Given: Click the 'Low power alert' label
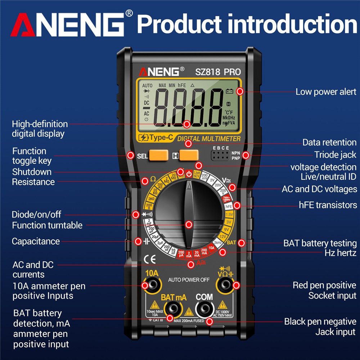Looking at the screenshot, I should pyautogui.click(x=326, y=92).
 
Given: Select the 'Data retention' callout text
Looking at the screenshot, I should pyautogui.click(x=329, y=143).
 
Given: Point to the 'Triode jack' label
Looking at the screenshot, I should pyautogui.click(x=335, y=155).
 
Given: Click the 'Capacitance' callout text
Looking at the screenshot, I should pyautogui.click(x=36, y=241).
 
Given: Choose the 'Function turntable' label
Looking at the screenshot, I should pyautogui.click(x=47, y=226).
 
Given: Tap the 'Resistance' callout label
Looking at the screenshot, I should pyautogui.click(x=33, y=182).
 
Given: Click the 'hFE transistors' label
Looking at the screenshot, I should pyautogui.click(x=328, y=205).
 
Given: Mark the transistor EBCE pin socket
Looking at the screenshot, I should pyautogui.click(x=220, y=156).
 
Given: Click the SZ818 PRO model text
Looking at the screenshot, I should pyautogui.click(x=218, y=72).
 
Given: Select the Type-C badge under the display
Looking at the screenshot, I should pyautogui.click(x=156, y=138).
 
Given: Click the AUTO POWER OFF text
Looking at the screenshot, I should pyautogui.click(x=189, y=280).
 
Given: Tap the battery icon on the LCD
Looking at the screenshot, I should pyautogui.click(x=230, y=91).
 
